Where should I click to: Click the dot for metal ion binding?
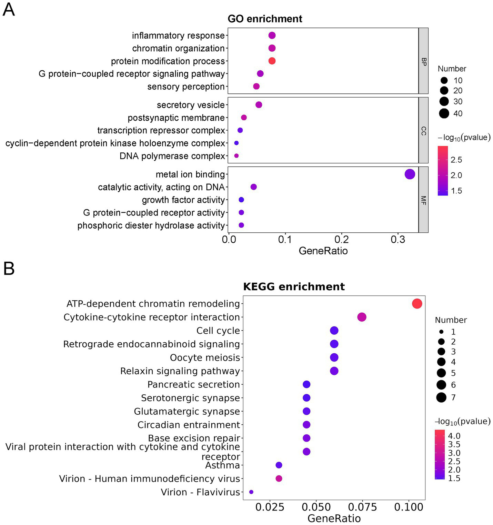pyautogui.click(x=409, y=174)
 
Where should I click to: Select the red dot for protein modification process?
pyautogui.click(x=272, y=61)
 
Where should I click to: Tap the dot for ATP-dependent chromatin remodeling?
pyautogui.click(x=417, y=304)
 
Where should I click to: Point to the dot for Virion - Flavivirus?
pyautogui.click(x=251, y=492)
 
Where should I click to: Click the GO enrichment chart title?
pyautogui.click(x=265, y=19)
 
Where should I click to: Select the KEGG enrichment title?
pyautogui.click(x=294, y=286)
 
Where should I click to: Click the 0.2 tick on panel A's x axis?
pyautogui.click(x=341, y=240)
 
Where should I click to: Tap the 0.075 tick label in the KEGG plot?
pyautogui.click(x=362, y=507)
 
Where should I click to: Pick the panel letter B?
pyautogui.click(x=9, y=269)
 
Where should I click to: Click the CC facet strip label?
pyautogui.click(x=423, y=131)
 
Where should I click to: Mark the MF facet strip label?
pyautogui.click(x=423, y=200)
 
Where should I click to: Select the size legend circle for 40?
pyautogui.click(x=444, y=113)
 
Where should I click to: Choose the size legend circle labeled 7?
pyautogui.click(x=441, y=397)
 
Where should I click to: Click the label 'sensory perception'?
pyautogui.click(x=186, y=87)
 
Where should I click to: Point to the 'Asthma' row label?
pyautogui.click(x=222, y=465)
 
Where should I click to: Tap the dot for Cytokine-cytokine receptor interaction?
pyautogui.click(x=362, y=317)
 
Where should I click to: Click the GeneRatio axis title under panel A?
pyautogui.click(x=323, y=251)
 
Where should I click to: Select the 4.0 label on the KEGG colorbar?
pyautogui.click(x=454, y=436)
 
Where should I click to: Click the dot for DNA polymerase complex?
pyautogui.click(x=236, y=156)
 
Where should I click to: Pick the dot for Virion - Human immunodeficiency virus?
pyautogui.click(x=279, y=478)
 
